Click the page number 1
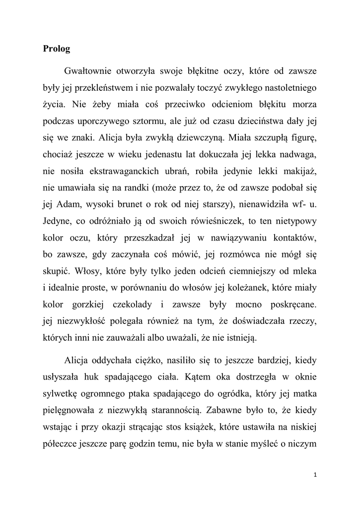(x=315, y=475)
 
